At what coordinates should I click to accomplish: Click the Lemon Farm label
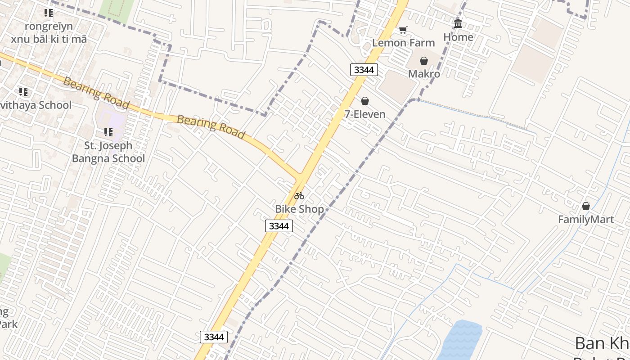point(403,43)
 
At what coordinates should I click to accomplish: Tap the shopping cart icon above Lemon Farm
point(403,30)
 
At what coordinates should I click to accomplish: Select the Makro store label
point(424,73)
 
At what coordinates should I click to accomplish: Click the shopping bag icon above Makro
point(424,61)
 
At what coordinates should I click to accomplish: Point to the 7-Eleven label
point(365,114)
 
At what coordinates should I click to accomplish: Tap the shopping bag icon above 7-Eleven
point(365,101)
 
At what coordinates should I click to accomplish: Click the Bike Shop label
point(299,209)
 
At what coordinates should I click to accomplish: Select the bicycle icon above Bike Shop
point(299,196)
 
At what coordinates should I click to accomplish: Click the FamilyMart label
point(586,220)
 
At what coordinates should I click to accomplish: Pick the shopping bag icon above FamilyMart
point(586,206)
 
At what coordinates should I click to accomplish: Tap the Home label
point(458,37)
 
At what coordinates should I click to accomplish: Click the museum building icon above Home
point(458,23)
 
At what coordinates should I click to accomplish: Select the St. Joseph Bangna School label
point(108,152)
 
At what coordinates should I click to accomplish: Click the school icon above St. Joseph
point(108,132)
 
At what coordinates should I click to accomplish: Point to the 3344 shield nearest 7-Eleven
point(364,70)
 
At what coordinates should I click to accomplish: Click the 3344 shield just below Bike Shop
point(279,226)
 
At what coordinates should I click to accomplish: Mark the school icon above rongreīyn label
point(49,13)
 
